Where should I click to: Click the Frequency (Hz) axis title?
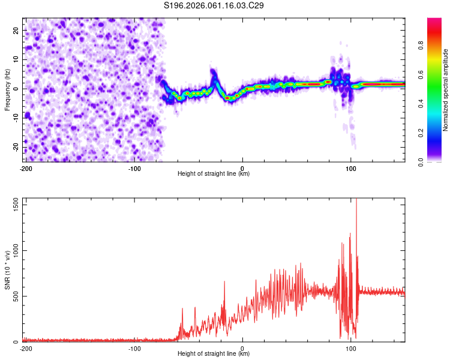click(x=7, y=90)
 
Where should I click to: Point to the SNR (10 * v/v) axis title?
click(x=7, y=270)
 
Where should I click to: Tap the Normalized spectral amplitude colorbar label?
click(x=446, y=90)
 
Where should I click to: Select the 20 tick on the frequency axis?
click(x=16, y=29)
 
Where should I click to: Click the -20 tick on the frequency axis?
click(x=15, y=148)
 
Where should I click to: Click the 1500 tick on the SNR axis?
click(x=12, y=205)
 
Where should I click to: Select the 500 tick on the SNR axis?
click(x=14, y=296)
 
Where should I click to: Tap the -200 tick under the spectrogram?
click(x=25, y=169)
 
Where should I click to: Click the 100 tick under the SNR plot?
click(x=351, y=349)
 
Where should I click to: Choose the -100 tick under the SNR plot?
click(x=134, y=349)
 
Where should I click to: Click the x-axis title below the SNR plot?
click(x=214, y=354)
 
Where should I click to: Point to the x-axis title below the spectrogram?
click(x=214, y=174)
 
